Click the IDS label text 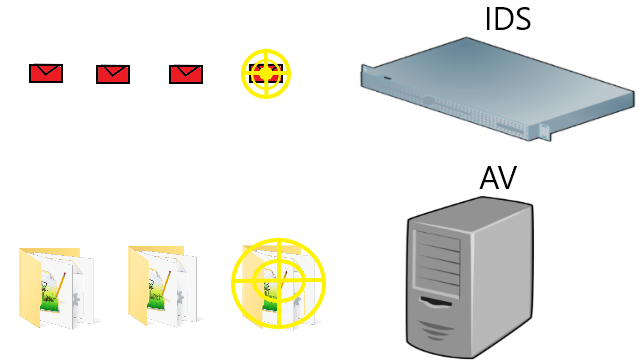(x=508, y=19)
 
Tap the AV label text (x=498, y=178)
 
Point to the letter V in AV (x=508, y=178)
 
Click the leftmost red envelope (x=46, y=73)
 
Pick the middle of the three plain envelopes (x=113, y=74)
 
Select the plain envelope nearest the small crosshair (x=186, y=74)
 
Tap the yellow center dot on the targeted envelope (x=266, y=73)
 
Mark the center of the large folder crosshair (x=279, y=281)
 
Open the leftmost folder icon (x=57, y=287)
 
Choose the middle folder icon (x=164, y=286)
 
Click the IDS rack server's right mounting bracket (x=544, y=132)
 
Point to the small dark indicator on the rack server (x=387, y=78)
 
